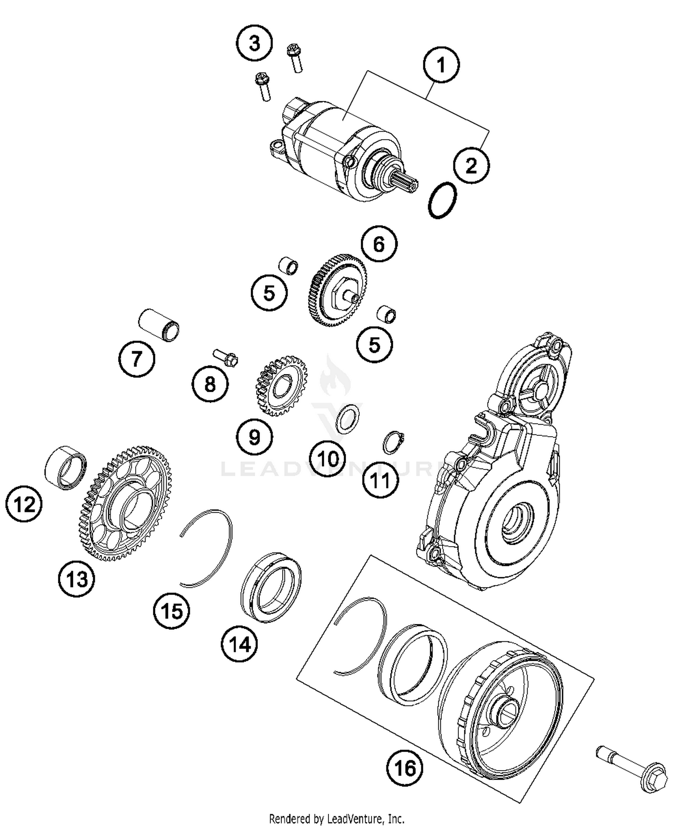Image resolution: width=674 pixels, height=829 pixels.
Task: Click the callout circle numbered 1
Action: [x=441, y=65]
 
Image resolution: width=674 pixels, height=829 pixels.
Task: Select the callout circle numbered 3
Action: [x=254, y=44]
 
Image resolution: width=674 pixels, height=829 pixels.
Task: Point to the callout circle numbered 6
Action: [x=379, y=244]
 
